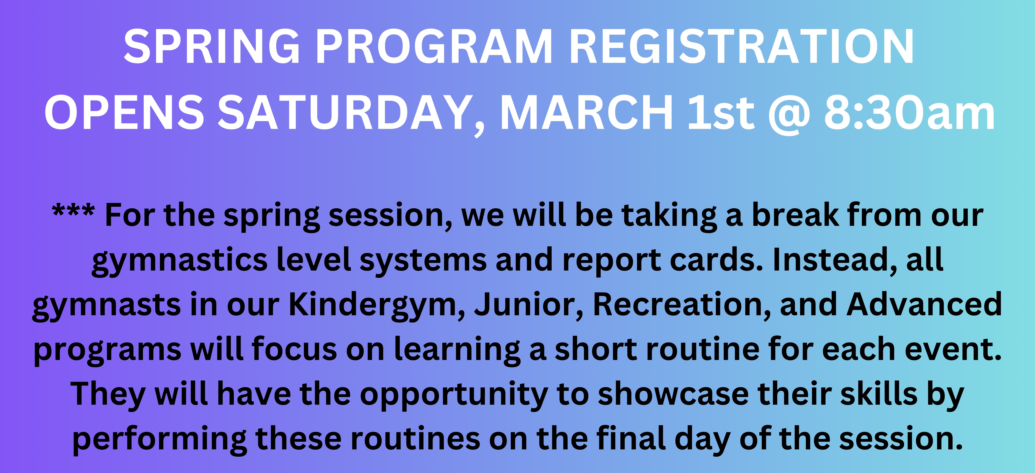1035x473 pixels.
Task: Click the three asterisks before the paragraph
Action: pyautogui.click(x=73, y=212)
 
